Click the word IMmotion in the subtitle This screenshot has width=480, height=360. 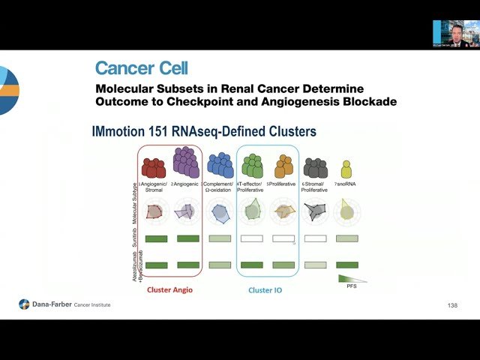(117, 132)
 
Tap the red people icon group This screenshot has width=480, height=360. (154, 166)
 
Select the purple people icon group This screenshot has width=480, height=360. (187, 162)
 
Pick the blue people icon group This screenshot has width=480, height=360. (220, 164)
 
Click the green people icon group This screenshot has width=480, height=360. (252, 165)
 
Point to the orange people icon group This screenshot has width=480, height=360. (284, 165)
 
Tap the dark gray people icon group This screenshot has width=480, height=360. (315, 167)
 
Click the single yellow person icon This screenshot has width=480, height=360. (346, 169)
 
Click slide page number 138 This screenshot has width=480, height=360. (451, 305)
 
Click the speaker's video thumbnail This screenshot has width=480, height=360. (455, 34)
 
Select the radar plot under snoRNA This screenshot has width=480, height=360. (346, 211)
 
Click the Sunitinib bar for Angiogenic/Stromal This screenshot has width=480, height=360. (155, 239)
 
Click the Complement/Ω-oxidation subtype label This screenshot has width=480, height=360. (220, 187)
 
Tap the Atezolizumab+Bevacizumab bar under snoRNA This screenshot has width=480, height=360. (346, 265)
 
